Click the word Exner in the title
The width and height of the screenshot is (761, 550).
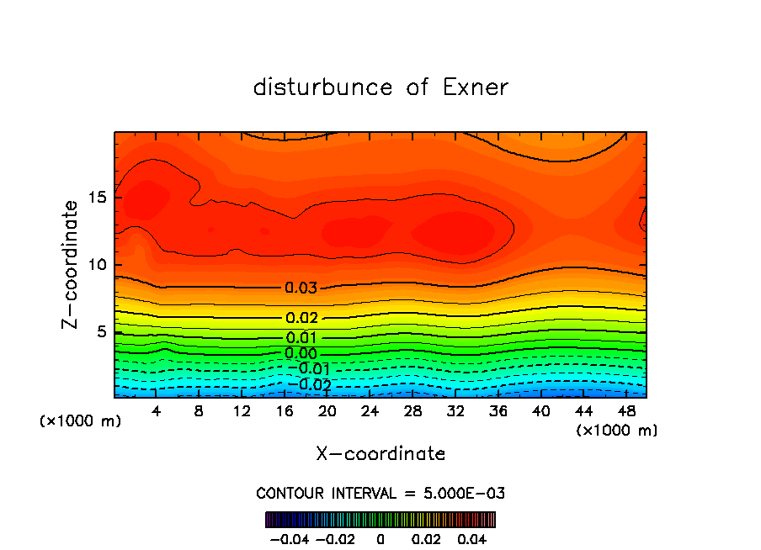[476, 87]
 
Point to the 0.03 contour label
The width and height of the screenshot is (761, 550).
[301, 288]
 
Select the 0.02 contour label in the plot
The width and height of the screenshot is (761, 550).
[301, 318]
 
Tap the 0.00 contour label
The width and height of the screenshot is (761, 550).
[301, 353]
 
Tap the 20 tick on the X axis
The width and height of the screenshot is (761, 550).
[327, 411]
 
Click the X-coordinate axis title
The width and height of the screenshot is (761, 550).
[380, 454]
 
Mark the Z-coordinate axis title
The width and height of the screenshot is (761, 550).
[71, 264]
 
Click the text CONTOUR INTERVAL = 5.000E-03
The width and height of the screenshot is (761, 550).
[380, 493]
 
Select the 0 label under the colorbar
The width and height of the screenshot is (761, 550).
[380, 538]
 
